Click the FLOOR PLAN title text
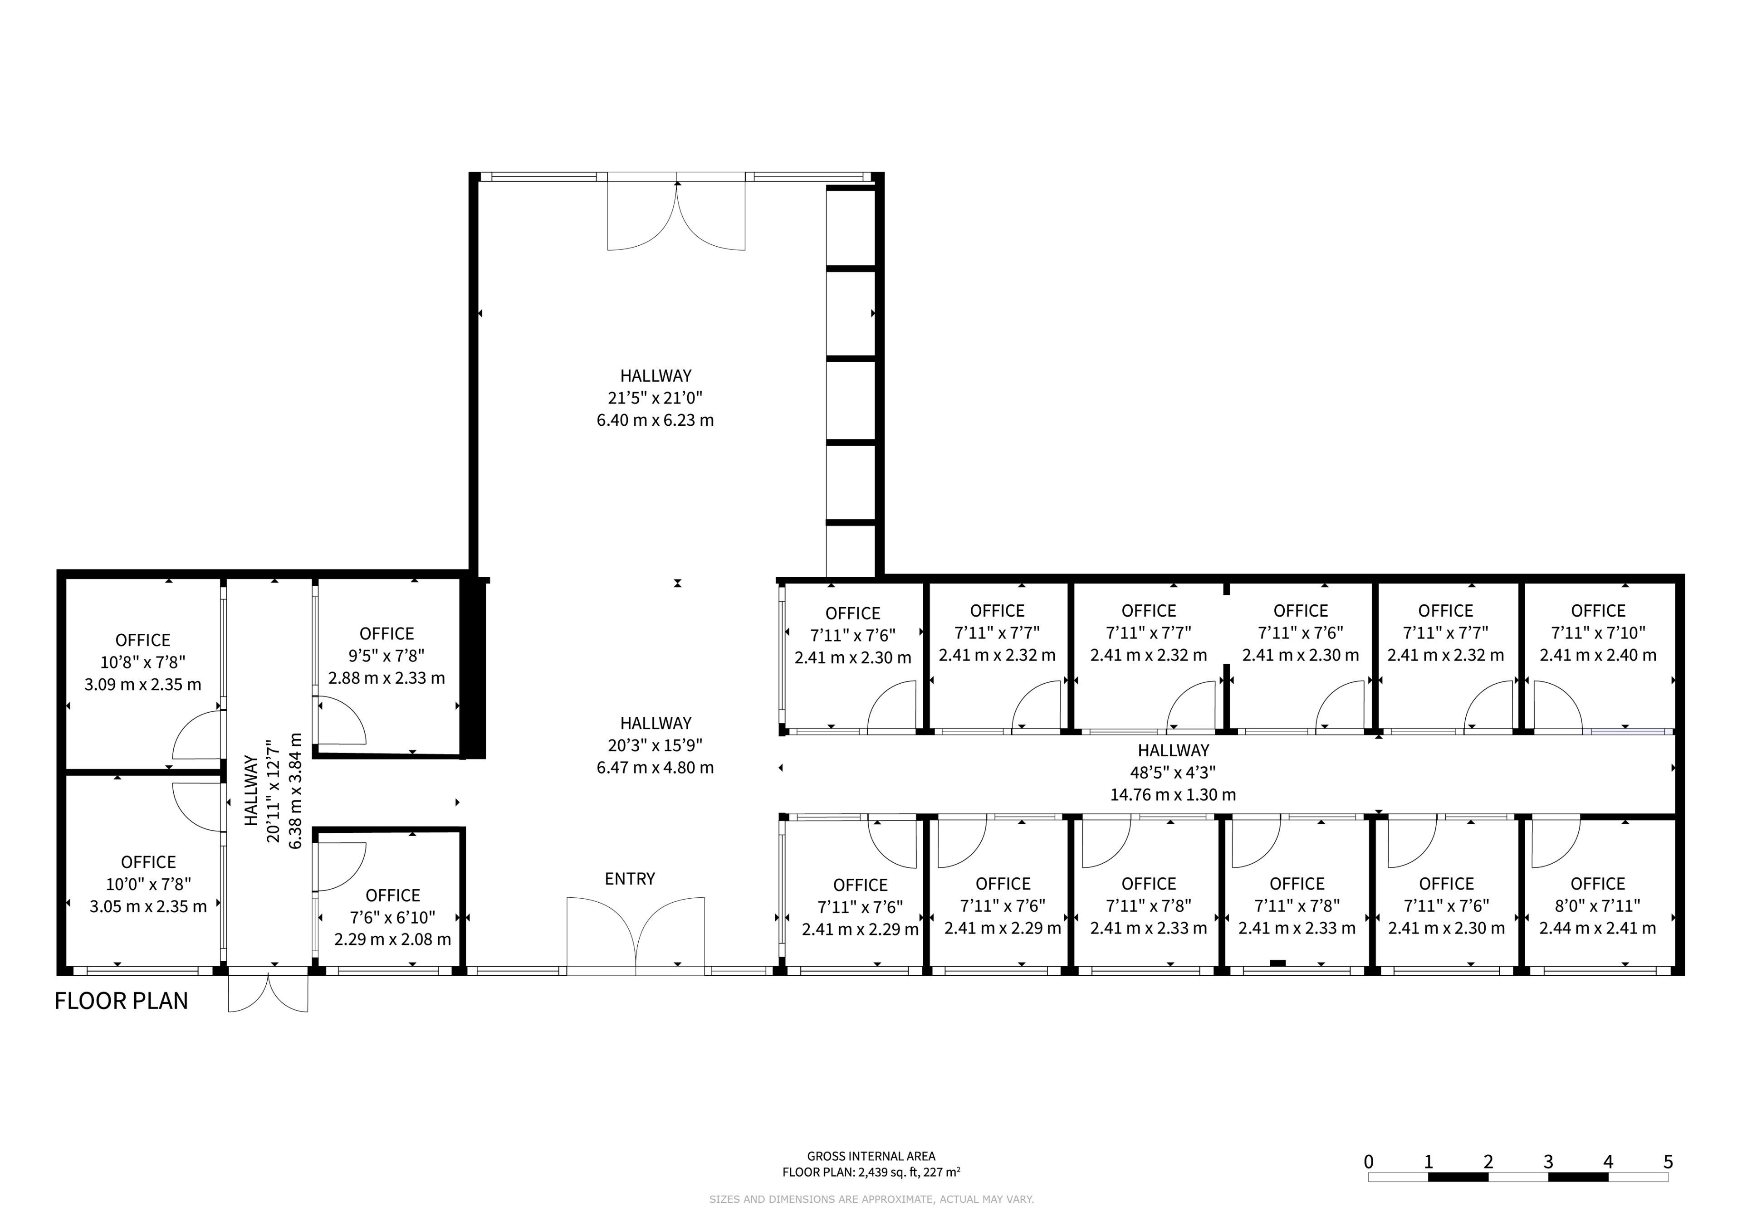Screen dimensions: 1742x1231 click(122, 1001)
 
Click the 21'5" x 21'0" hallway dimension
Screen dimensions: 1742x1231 click(656, 398)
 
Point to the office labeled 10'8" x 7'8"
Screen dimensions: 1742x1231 click(142, 662)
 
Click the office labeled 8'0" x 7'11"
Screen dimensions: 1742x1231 click(1597, 905)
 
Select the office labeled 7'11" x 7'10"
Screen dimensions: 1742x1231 click(1598, 633)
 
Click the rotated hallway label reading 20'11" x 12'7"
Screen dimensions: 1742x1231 click(274, 791)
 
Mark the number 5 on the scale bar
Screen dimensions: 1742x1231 click(1668, 1161)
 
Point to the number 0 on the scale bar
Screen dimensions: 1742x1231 click(1368, 1161)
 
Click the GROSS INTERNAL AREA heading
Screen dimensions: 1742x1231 click(871, 1156)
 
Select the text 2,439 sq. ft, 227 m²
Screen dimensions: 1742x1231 click(909, 1172)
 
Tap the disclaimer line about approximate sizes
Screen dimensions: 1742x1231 click(871, 1199)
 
